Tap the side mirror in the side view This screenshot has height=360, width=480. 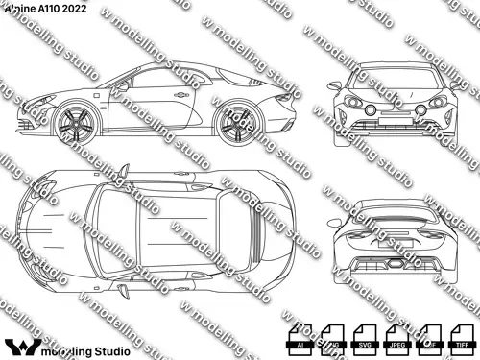122,84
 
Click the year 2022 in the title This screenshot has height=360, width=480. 82,8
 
